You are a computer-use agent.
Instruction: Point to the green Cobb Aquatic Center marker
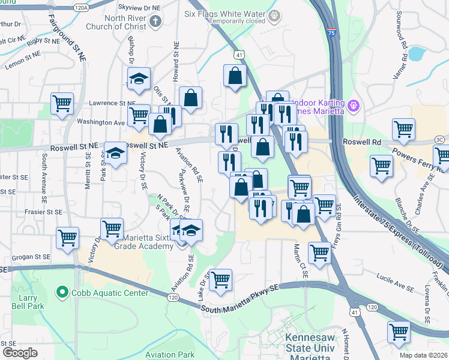pos(61,293)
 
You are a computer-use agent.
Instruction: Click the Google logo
pos(20,353)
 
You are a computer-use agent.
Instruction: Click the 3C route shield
pos(440,140)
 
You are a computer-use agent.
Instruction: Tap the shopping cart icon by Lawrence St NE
pos(62,103)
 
